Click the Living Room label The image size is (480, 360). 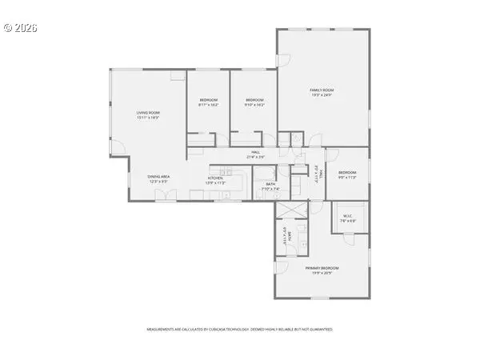(148, 113)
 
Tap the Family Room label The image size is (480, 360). (322, 91)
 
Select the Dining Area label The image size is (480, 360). (158, 176)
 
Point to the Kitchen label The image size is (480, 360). (215, 178)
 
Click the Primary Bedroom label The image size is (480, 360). (322, 267)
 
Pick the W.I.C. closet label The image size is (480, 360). (348, 215)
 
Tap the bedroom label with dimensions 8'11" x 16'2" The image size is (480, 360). (208, 99)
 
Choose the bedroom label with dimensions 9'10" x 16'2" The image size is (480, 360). (254, 99)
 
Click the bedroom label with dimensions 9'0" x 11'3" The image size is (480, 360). (347, 173)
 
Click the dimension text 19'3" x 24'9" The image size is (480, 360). (322, 96)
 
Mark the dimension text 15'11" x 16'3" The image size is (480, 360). (148, 118)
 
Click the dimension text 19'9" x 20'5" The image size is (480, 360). (322, 272)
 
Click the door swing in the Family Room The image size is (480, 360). (283, 60)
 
